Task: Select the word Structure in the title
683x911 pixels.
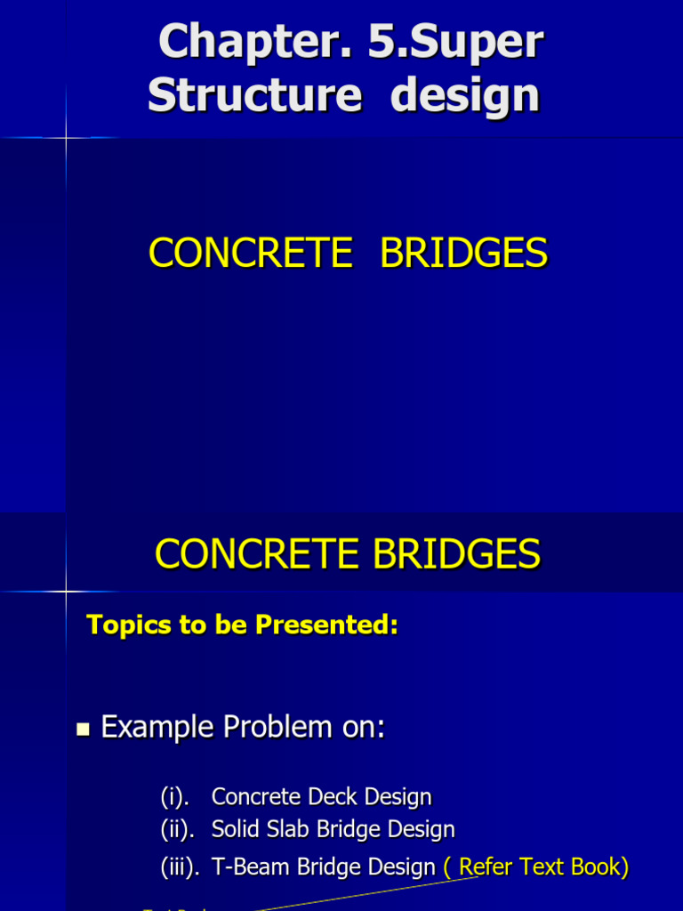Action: [x=254, y=94]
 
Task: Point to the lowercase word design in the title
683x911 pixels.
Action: [x=465, y=94]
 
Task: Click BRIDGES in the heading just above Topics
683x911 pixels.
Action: [x=456, y=554]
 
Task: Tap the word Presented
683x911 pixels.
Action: [x=326, y=625]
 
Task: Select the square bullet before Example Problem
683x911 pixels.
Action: [x=84, y=730]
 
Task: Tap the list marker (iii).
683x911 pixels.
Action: [x=181, y=867]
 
